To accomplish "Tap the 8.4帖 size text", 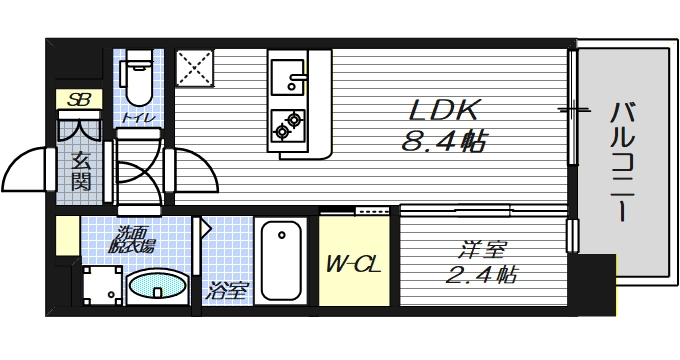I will pos(443,143).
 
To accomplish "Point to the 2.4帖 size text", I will pos(482,273).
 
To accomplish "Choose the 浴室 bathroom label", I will pos(227,292).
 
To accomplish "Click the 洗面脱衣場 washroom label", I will pos(133,240).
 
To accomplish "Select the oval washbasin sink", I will pos(158,287).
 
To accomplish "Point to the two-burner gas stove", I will pos(288,123).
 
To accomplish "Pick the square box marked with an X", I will pos(196,70).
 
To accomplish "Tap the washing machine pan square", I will pos(99,285).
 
